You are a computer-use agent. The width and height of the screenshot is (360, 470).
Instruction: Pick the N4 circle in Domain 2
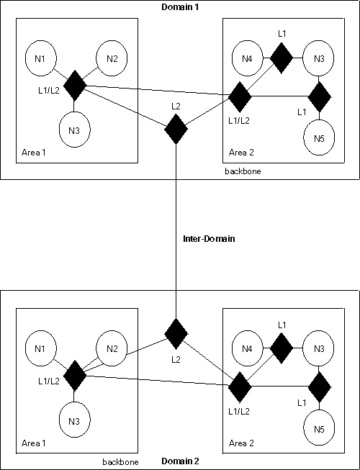pyautogui.click(x=247, y=350)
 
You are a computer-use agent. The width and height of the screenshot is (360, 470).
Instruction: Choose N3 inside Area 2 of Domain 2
pyautogui.click(x=318, y=349)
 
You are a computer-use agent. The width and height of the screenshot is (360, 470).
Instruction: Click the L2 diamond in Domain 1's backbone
pyautogui.click(x=176, y=130)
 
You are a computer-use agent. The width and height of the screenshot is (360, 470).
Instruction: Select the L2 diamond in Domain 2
pyautogui.click(x=176, y=332)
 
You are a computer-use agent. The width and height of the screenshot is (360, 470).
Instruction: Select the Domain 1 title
pyautogui.click(x=179, y=6)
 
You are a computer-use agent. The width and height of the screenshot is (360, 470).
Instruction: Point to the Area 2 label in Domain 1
pyautogui.click(x=241, y=152)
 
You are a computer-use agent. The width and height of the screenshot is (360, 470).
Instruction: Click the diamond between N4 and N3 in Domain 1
pyautogui.click(x=281, y=57)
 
